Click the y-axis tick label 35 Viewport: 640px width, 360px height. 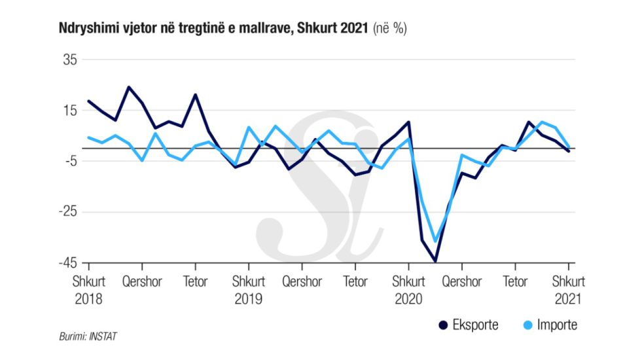[x=69, y=60]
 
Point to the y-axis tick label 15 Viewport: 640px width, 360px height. [x=69, y=111]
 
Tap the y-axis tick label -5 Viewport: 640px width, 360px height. [x=70, y=161]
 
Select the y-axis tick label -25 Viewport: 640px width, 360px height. [x=67, y=212]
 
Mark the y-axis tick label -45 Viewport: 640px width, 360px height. [x=67, y=262]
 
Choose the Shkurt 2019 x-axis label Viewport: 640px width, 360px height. [x=248, y=290]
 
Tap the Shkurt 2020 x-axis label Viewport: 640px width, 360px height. [x=409, y=290]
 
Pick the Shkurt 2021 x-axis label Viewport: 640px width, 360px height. [x=569, y=290]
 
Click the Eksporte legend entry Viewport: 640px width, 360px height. [x=474, y=325]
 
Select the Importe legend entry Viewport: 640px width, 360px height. [x=558, y=325]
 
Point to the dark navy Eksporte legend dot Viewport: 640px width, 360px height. [x=442, y=325]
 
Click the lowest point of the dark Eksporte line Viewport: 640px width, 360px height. [x=435, y=261]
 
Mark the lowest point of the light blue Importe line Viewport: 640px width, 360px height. [x=435, y=242]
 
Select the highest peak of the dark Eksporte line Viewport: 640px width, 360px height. [x=128, y=87]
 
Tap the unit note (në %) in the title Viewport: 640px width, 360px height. [x=390, y=29]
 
